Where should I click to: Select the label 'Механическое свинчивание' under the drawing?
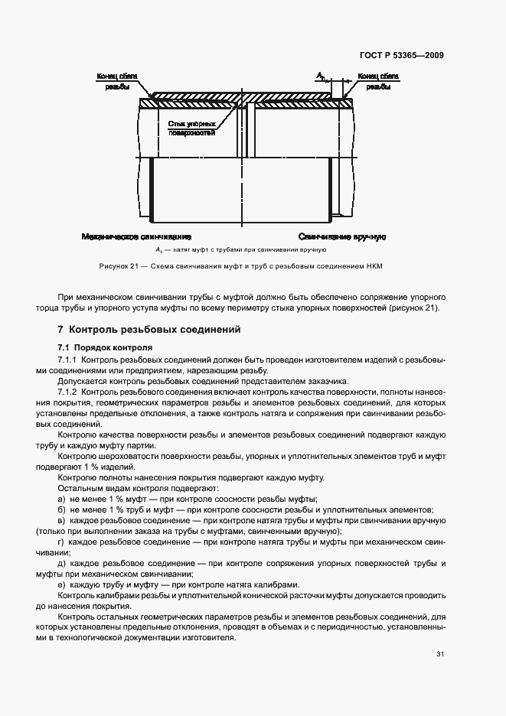point(135,237)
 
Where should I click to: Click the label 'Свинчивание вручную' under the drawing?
point(341,237)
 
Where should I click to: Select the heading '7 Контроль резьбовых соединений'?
point(149,330)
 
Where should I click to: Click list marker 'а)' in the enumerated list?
point(61,499)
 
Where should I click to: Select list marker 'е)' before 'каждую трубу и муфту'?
point(61,584)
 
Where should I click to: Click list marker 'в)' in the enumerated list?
point(61,520)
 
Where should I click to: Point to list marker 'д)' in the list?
point(61,563)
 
